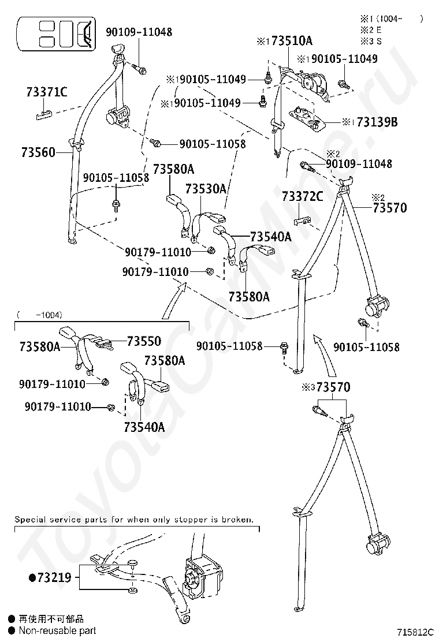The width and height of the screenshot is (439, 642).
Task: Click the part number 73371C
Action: tap(47, 91)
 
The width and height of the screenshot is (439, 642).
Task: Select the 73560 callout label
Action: tap(38, 152)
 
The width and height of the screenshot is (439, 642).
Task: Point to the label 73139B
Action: tap(377, 122)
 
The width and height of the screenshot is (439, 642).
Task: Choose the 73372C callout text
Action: tap(302, 196)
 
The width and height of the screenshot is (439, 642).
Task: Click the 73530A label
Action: tap(206, 189)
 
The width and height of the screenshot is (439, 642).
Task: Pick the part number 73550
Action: tap(144, 341)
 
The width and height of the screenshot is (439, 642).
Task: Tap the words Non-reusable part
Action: tap(57, 630)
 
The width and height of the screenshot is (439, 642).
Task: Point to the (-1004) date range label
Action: tap(40, 315)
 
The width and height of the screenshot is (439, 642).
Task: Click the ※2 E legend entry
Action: tap(371, 30)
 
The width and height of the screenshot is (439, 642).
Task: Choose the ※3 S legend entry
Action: tap(371, 41)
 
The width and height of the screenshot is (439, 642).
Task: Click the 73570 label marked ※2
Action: tap(389, 207)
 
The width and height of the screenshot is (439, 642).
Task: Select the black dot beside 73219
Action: tap(32, 577)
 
